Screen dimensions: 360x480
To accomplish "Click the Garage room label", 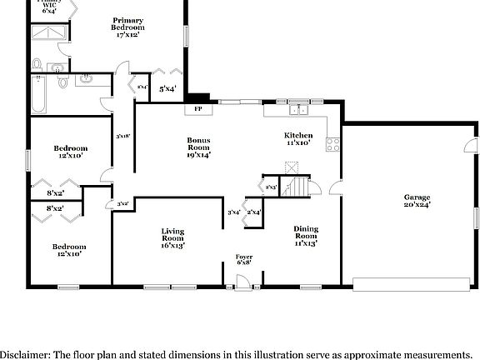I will tap(417, 196).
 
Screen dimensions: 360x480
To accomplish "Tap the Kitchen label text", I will tap(298, 135).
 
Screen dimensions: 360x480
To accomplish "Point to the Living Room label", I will tap(172, 233).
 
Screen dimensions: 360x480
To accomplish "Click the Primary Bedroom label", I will tap(127, 23).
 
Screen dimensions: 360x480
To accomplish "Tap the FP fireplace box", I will tap(198, 108).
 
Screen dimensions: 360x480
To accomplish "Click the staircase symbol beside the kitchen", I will tap(298, 185).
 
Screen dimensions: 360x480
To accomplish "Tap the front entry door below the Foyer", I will tap(242, 285).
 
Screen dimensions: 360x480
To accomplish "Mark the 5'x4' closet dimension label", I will tap(167, 87).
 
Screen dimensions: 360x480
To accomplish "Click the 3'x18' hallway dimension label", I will tap(122, 136).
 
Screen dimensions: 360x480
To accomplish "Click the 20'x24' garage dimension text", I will tap(417, 204).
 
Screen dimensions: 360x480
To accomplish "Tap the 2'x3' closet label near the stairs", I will tap(270, 187).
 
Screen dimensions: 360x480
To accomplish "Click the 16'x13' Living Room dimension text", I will tap(172, 245).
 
